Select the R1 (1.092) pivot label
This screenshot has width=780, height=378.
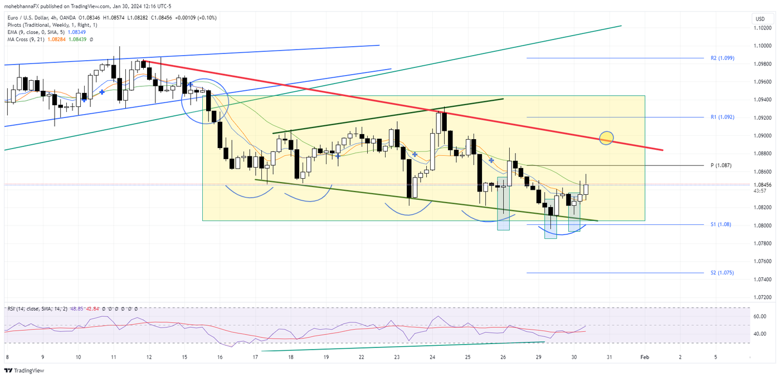(x=722, y=117)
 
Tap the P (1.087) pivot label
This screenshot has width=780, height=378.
(x=721, y=165)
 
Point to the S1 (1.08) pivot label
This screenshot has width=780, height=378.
(x=720, y=224)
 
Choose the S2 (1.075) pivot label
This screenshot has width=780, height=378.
(x=721, y=273)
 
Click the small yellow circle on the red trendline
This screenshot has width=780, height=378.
(x=606, y=138)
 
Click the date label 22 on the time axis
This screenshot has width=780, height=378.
(x=362, y=357)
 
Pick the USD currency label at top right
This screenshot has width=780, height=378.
(x=760, y=19)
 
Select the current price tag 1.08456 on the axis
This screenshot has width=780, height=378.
(x=763, y=185)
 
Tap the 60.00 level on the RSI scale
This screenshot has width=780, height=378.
(x=760, y=316)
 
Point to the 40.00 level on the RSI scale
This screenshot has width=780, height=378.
(x=760, y=333)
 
